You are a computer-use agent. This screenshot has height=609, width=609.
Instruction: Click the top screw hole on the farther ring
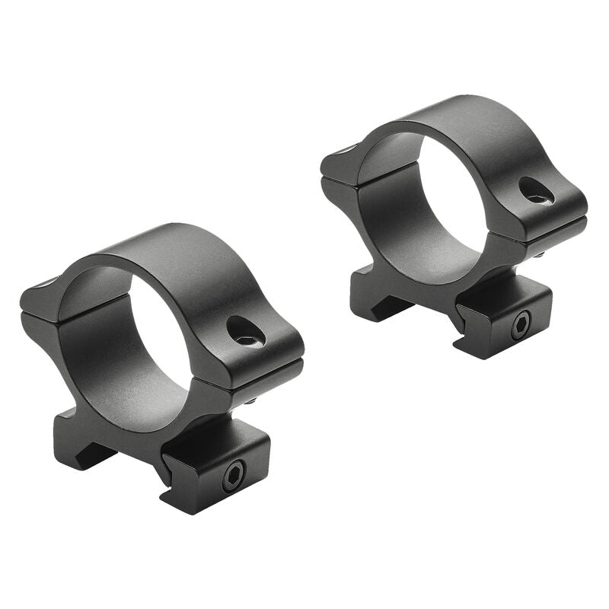point(537,190)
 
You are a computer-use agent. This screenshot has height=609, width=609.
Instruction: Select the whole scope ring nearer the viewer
point(164,365)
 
